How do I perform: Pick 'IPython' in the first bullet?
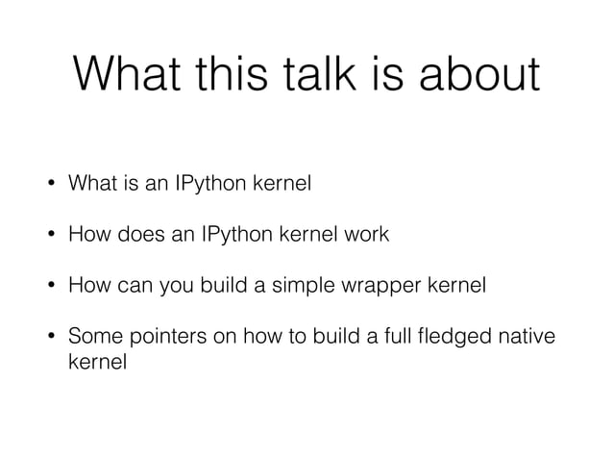click(x=217, y=183)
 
